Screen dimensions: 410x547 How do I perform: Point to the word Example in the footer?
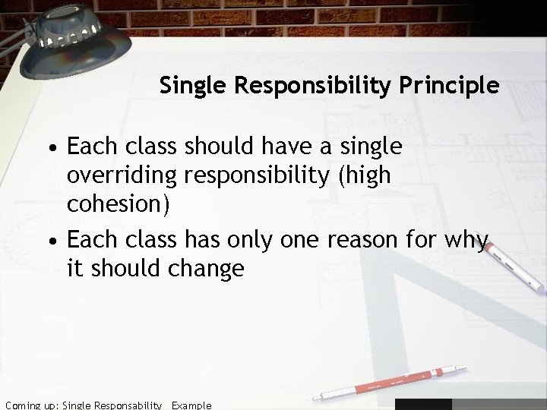pyautogui.click(x=191, y=405)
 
